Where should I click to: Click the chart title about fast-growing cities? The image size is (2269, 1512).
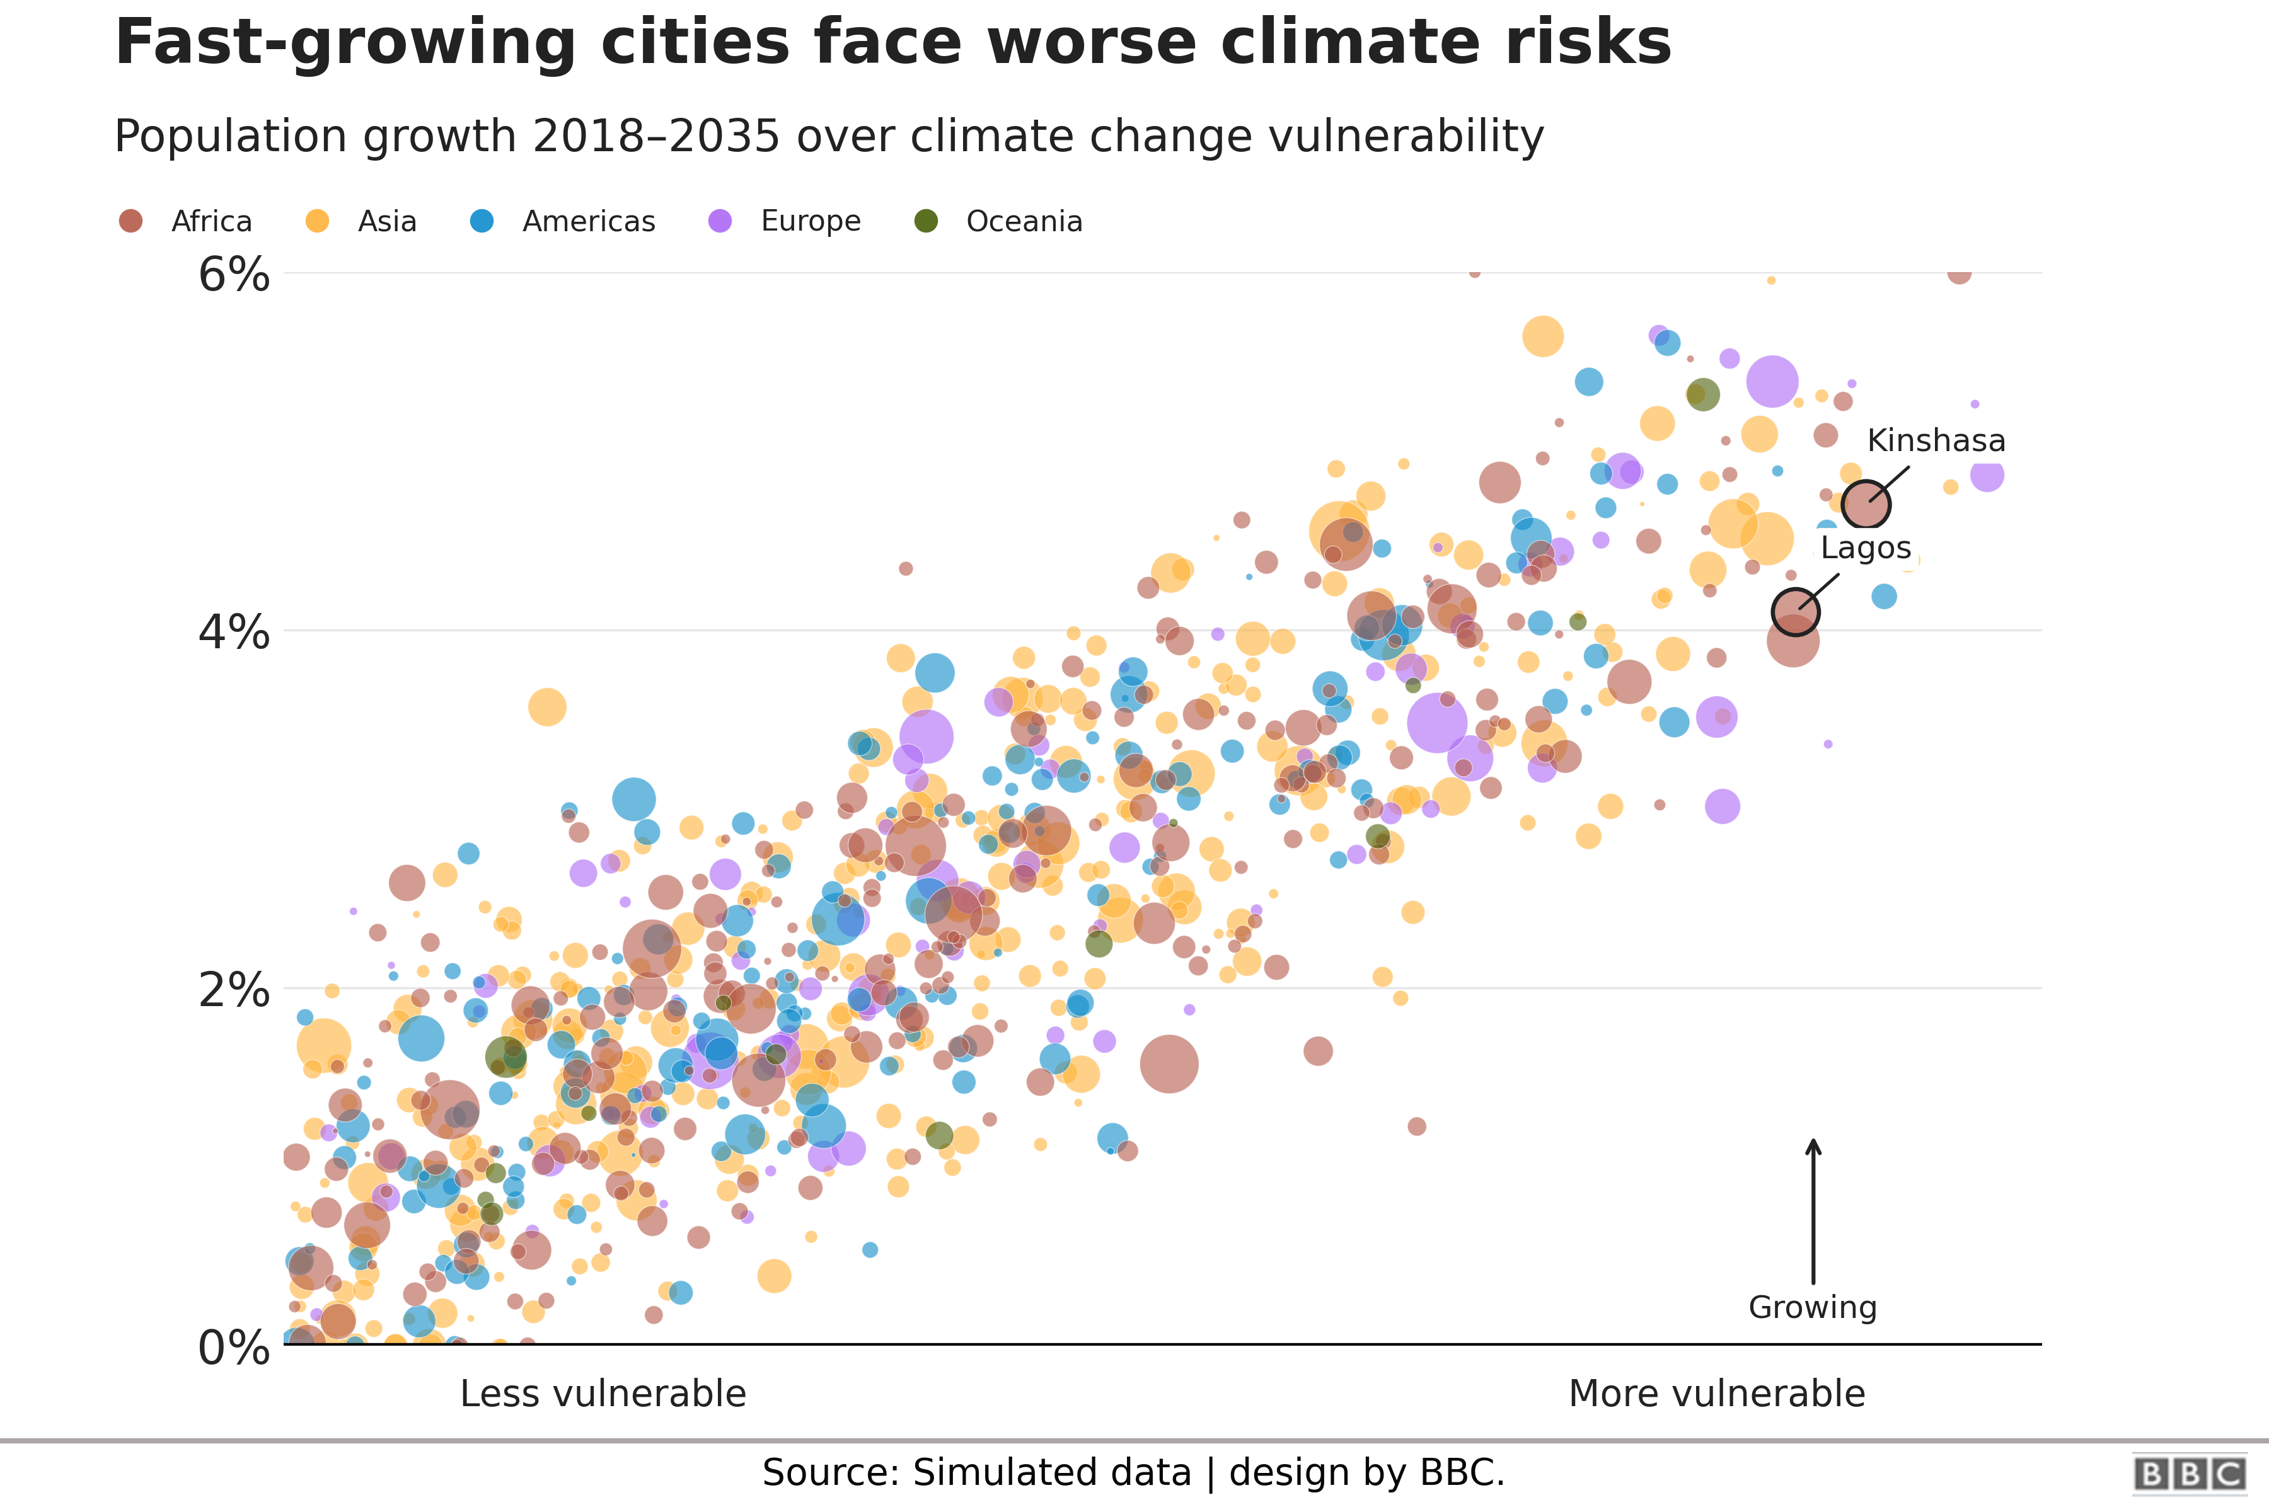coord(892,43)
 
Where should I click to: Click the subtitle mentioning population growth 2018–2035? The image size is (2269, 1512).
coord(828,136)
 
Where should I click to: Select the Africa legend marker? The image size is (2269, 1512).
coord(130,221)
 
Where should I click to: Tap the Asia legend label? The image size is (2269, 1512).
coord(387,221)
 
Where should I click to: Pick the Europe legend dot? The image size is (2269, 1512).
coord(720,221)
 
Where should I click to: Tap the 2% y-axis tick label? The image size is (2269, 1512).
coord(233,990)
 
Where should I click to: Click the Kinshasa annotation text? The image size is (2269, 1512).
coord(1935,440)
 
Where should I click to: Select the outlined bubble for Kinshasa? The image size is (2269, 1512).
coord(1865,505)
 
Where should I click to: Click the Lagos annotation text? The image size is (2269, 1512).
coord(1865,547)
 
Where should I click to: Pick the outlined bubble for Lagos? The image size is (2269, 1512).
coord(1794,611)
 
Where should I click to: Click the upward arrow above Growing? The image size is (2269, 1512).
coord(1813,1210)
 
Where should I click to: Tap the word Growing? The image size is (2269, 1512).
coord(1813,1308)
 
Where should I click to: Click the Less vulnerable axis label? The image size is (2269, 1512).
coord(603,1394)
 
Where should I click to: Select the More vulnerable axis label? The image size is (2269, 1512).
coord(1716,1394)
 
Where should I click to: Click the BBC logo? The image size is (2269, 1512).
coord(2188,1474)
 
